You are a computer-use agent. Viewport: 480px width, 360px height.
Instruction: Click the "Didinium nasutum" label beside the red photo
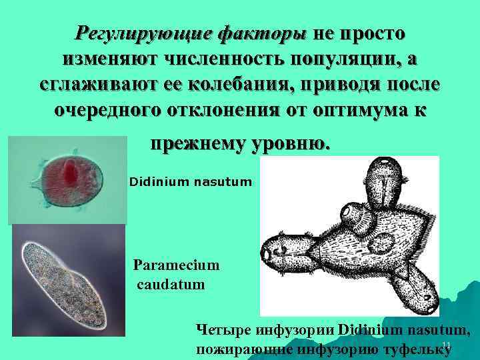point(191,181)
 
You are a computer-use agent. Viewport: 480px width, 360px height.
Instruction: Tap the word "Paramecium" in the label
point(176,265)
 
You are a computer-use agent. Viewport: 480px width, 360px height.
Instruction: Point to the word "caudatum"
point(171,285)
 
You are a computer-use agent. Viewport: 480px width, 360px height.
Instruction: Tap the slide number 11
point(447,344)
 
